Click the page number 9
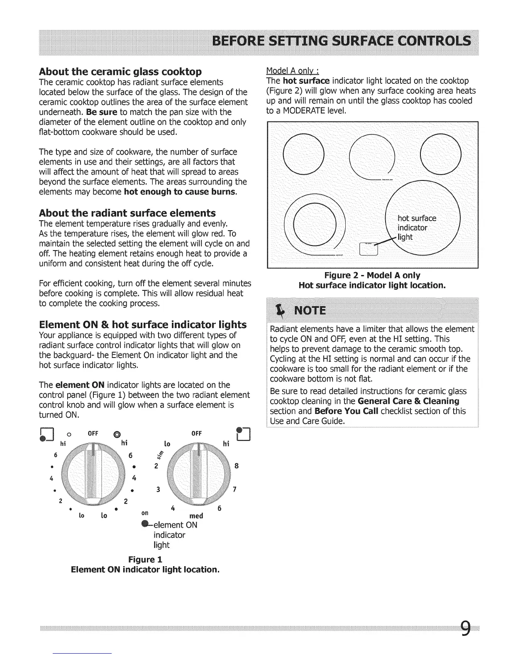pyautogui.click(x=466, y=629)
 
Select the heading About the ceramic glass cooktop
pyautogui.click(x=120, y=71)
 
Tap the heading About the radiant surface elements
pyautogui.click(x=127, y=213)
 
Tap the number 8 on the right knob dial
pyautogui.click(x=237, y=466)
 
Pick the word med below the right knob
pyautogui.click(x=196, y=516)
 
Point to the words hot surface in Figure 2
pyautogui.click(x=417, y=219)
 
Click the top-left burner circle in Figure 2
pyautogui.click(x=304, y=153)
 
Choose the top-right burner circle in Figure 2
pyautogui.click(x=441, y=153)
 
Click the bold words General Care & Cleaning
pyautogui.click(x=408, y=401)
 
